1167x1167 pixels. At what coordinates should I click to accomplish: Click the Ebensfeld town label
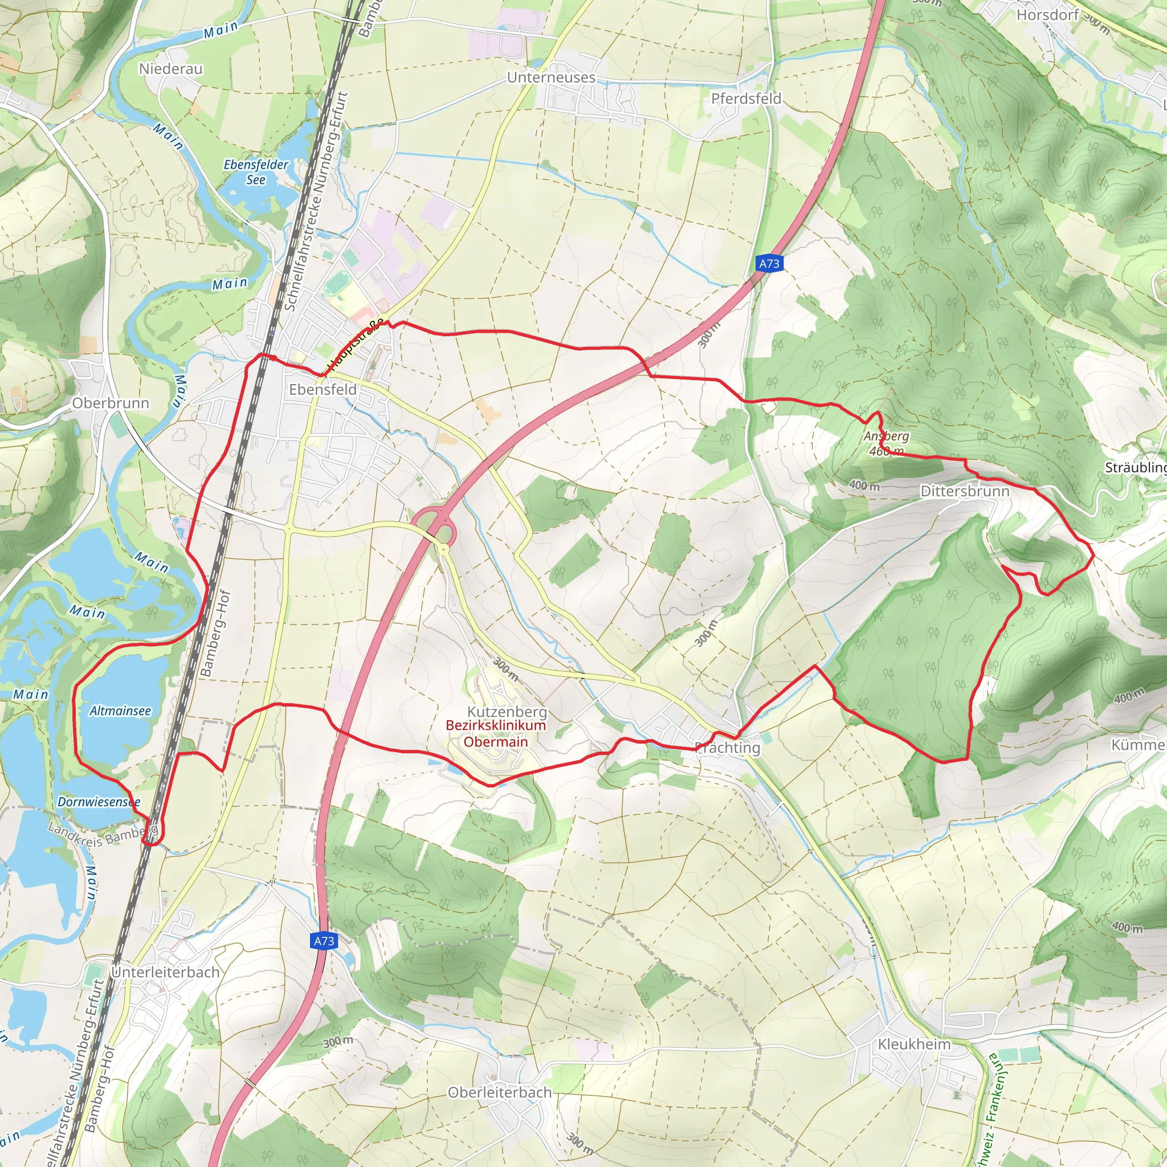point(323,390)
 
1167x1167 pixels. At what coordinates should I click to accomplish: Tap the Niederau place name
point(170,69)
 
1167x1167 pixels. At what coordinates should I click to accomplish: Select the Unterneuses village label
point(551,77)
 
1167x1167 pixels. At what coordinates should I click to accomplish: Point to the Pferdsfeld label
point(746,99)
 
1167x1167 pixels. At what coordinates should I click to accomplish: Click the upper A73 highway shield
point(768,263)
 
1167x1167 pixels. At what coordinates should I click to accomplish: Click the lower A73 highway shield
point(324,940)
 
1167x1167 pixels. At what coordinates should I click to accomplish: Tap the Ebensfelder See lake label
point(256,172)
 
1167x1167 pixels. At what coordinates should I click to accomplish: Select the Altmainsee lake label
point(120,711)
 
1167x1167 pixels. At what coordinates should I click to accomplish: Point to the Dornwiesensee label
point(99,802)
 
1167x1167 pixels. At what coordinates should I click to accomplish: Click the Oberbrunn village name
point(111,403)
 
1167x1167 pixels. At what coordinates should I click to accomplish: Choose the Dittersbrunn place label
point(965,491)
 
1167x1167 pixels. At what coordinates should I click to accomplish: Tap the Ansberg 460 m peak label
point(886,443)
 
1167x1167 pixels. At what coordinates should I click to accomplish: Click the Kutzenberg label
point(507,712)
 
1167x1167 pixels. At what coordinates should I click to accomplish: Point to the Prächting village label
point(728,748)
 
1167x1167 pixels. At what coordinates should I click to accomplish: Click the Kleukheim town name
point(914,1044)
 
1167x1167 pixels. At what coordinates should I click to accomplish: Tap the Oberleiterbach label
point(500,1092)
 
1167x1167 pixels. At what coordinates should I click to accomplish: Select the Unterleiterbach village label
point(165,972)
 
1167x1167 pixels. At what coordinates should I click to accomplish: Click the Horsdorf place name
point(1047,14)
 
